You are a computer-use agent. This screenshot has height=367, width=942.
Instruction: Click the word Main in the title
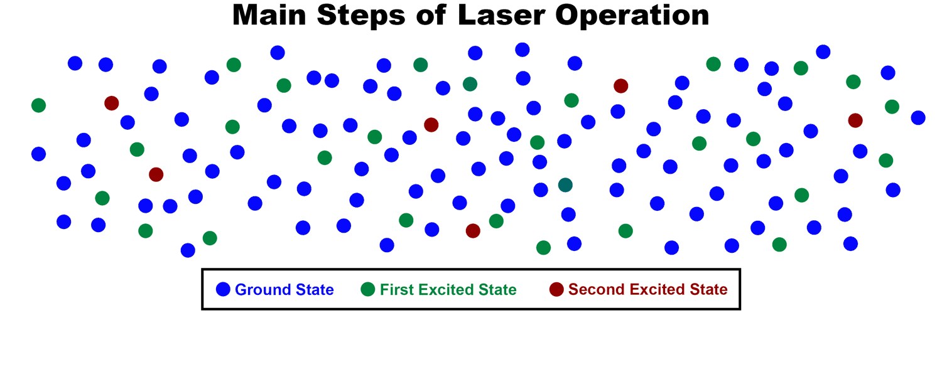click(x=269, y=15)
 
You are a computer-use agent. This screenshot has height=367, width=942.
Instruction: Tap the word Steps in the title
click(x=361, y=16)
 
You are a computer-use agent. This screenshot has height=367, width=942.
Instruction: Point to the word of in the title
click(x=431, y=15)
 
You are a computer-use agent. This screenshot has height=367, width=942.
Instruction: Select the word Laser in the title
click(x=501, y=15)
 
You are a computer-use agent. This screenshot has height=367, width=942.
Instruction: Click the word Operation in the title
click(x=632, y=16)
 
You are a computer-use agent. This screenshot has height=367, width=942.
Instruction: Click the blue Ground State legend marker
click(x=223, y=289)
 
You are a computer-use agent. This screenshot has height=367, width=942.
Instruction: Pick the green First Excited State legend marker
click(x=367, y=289)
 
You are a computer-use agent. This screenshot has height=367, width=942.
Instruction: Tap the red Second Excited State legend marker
click(x=556, y=289)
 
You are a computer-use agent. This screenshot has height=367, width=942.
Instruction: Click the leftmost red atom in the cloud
click(x=111, y=103)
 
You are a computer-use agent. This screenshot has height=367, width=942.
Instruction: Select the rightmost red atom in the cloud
click(x=855, y=120)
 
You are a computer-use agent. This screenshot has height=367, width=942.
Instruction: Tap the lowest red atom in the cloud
click(x=473, y=230)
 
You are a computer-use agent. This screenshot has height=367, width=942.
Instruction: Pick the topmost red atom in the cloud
click(x=620, y=86)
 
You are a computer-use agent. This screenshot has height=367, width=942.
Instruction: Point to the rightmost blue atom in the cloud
click(x=918, y=117)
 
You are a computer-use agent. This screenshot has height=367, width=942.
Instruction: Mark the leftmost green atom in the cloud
click(x=39, y=105)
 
